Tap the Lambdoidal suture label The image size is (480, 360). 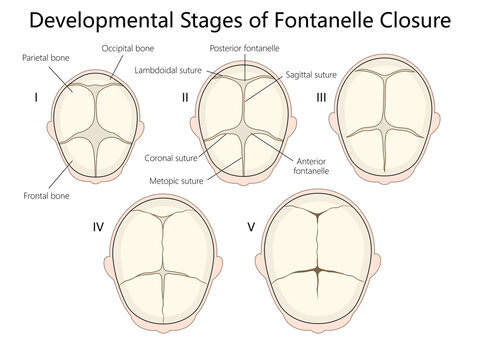click(x=169, y=69)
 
